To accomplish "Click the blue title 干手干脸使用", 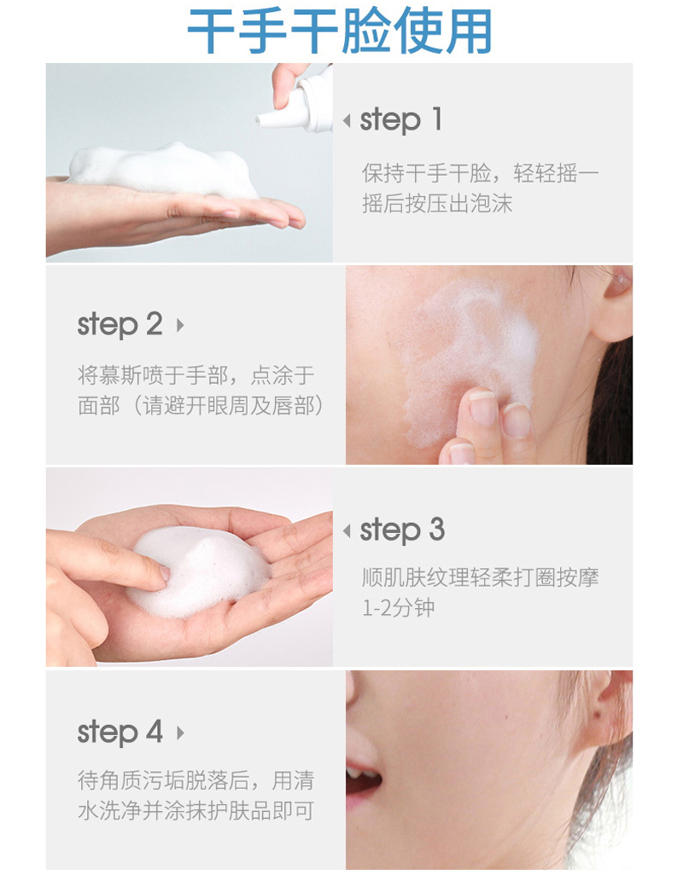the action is coord(339,30).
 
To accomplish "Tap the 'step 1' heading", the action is coord(401,120).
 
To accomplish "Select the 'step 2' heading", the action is coord(120,325).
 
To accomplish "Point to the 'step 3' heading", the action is coord(402,530).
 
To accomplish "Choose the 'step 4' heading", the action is coord(120,733).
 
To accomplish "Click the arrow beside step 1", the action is coord(347,120).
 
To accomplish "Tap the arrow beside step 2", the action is coord(180,325).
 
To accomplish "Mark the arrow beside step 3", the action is coord(347,530).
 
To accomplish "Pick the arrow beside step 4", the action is coord(180,733).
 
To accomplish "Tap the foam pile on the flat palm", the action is coord(163,171).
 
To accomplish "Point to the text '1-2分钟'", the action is coord(398,608).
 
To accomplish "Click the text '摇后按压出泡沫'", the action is coord(437,204).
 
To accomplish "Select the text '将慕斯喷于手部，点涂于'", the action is coord(196,375).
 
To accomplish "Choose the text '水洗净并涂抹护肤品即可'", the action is coord(196,811).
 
